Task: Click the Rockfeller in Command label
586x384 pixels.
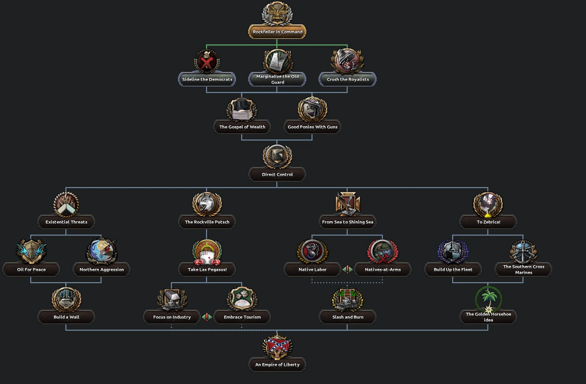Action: [277, 32]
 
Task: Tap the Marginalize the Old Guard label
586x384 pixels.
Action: [277, 79]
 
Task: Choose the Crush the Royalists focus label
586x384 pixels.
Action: [348, 79]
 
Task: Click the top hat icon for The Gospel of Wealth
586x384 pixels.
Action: [242, 109]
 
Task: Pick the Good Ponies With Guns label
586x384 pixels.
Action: [312, 127]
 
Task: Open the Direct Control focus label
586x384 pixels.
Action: [277, 174]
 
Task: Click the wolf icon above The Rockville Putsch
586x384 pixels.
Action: [207, 203]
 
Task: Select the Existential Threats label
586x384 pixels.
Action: [66, 222]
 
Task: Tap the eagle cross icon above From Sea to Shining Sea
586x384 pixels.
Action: [348, 203]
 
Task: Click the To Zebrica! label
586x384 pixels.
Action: [488, 222]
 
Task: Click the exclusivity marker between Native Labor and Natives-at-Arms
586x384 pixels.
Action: [348, 270]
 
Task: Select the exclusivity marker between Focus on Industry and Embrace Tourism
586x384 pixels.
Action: [207, 317]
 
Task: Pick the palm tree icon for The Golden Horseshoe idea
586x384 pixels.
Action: [488, 298]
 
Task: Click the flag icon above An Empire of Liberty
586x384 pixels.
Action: [277, 346]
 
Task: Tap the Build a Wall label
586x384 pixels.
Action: [66, 317]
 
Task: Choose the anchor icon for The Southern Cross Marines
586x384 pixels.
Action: [523, 252]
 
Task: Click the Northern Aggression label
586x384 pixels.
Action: [101, 270]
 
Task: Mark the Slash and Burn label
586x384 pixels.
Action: [348, 317]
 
